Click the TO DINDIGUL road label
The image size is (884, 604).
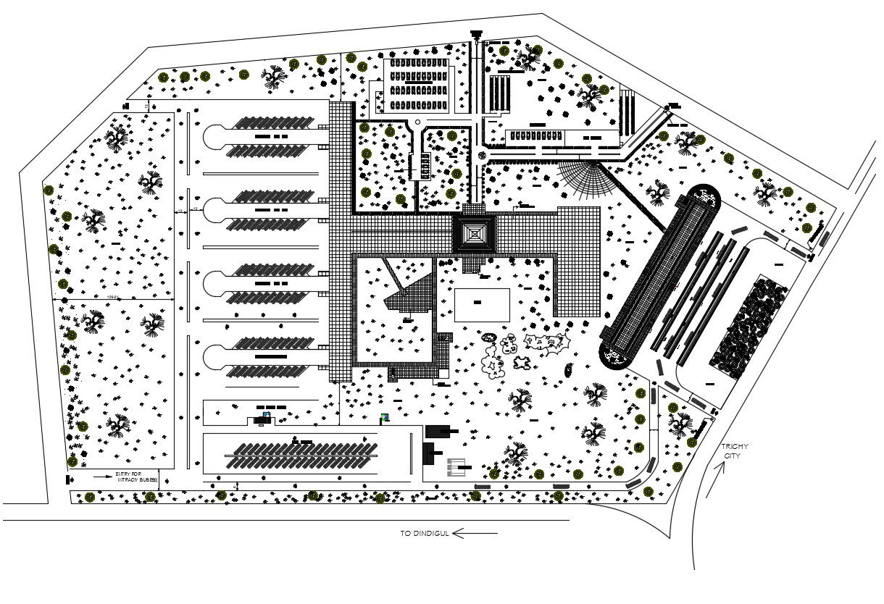coord(425,534)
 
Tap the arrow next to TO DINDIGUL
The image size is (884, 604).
coord(476,534)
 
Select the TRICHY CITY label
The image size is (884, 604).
coord(735,451)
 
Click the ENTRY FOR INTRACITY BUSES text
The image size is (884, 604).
coord(135,477)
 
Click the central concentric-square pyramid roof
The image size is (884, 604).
coord(474,233)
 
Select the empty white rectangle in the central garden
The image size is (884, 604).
coord(482,305)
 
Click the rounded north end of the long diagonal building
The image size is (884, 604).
coord(704,197)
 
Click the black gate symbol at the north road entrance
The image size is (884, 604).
coord(476,33)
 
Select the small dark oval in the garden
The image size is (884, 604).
coord(569,371)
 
